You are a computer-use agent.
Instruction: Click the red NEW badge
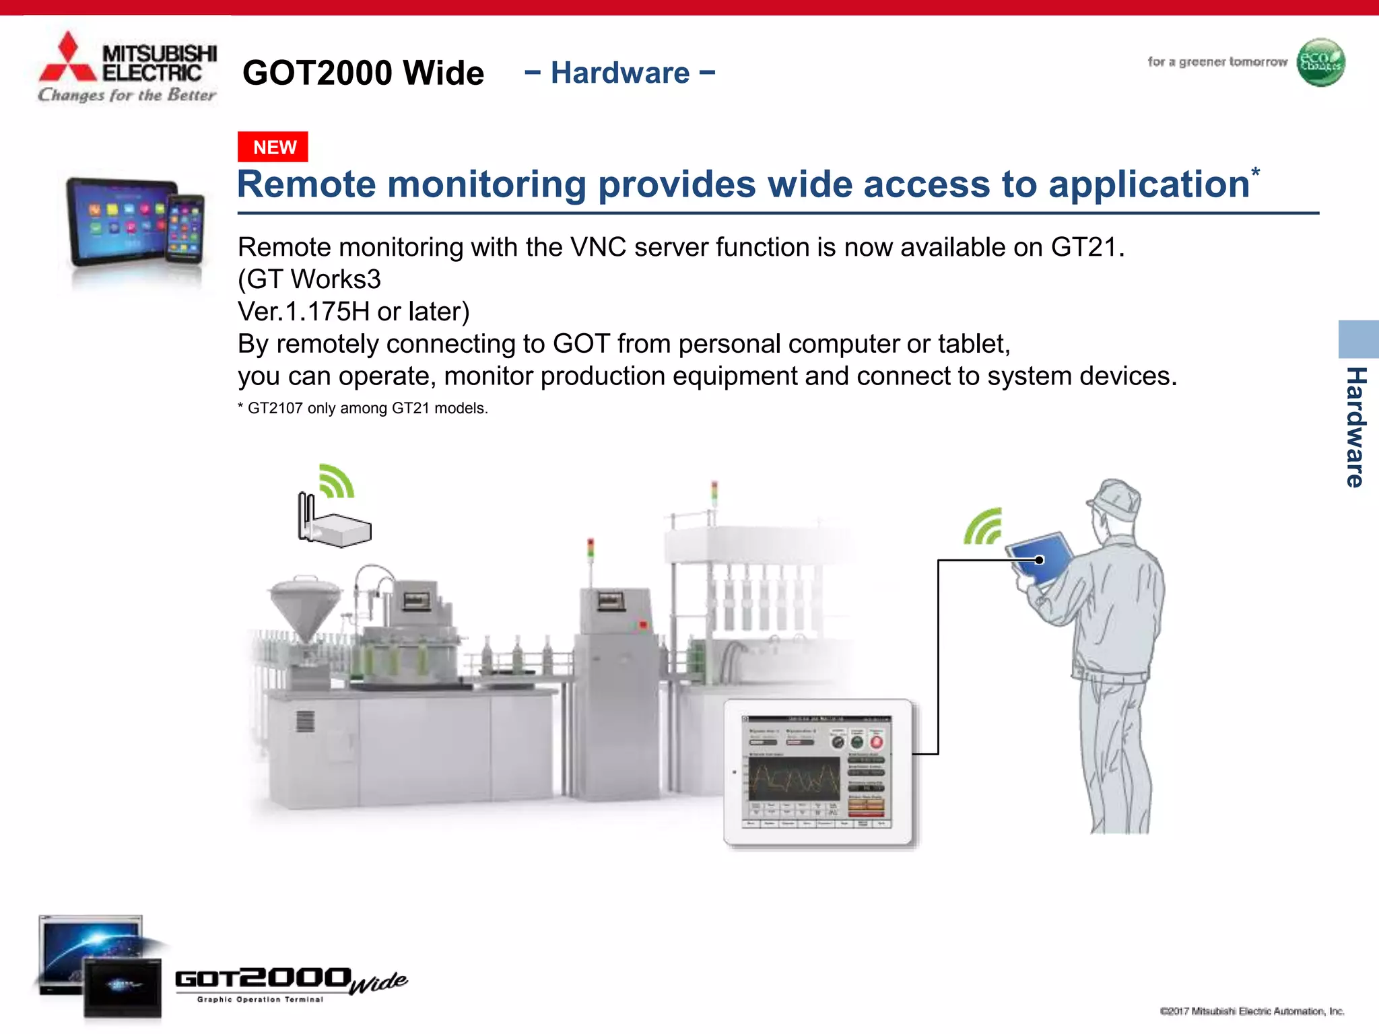[x=273, y=147]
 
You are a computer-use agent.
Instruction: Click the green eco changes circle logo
[x=1320, y=63]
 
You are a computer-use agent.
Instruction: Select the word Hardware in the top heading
[x=620, y=73]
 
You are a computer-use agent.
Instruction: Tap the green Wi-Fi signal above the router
[x=336, y=481]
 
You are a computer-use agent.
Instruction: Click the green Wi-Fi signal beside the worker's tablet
[x=984, y=527]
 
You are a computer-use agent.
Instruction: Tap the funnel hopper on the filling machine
[x=305, y=606]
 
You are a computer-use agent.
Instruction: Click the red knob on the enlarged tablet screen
[x=876, y=742]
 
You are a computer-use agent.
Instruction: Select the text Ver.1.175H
[x=304, y=312]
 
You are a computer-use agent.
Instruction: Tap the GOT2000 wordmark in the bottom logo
[x=263, y=978]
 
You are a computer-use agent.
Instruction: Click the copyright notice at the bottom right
[x=1252, y=1011]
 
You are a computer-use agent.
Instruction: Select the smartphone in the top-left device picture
[x=185, y=228]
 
